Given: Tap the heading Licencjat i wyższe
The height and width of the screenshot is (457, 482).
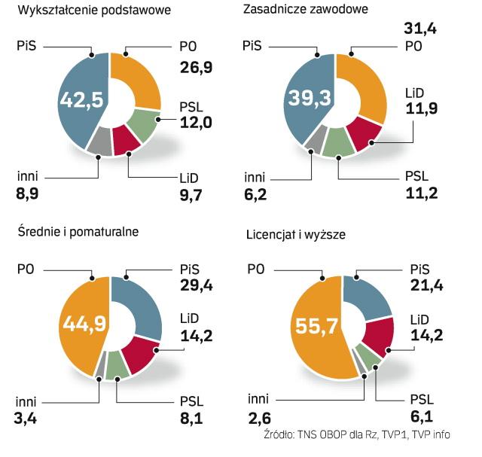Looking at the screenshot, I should (296, 234).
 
